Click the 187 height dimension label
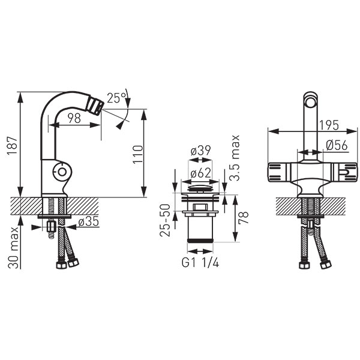12,146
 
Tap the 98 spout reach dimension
74,118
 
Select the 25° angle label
116,98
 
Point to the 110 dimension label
138,154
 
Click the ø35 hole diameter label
89,221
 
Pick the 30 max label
13,248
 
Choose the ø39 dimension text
200,151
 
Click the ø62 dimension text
200,173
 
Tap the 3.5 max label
235,158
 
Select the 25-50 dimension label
165,220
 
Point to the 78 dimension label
244,218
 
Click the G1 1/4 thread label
200,263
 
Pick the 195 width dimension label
329,125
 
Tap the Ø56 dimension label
337,145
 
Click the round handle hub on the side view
62,172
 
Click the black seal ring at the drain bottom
200,241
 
